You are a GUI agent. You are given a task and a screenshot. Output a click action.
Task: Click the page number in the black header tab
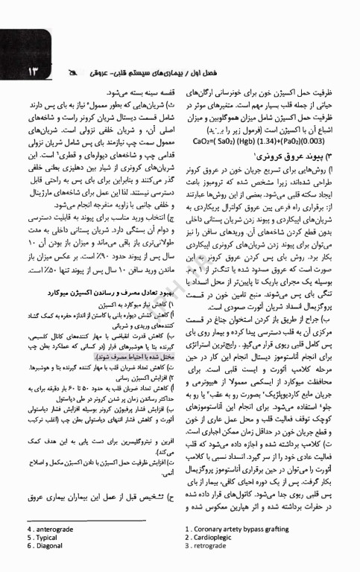16,74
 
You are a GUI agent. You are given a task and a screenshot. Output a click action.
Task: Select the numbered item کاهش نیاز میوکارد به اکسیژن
145,305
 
